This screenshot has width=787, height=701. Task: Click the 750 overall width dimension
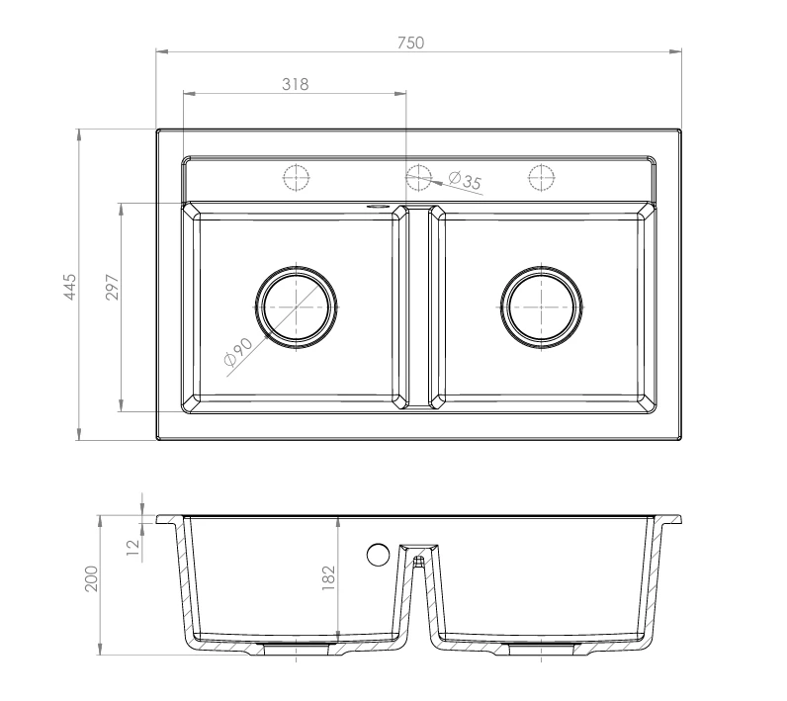[410, 44]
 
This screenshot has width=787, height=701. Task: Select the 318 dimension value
[295, 84]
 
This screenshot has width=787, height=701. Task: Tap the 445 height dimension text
[70, 287]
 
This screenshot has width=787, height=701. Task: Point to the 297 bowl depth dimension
[113, 287]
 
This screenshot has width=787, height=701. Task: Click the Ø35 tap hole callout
[465, 180]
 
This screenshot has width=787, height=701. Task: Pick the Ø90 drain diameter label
[238, 351]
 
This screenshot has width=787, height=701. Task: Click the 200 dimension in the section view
[91, 578]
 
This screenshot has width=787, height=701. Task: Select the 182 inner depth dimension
[328, 577]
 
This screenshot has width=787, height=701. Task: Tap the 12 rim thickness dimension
[133, 547]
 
